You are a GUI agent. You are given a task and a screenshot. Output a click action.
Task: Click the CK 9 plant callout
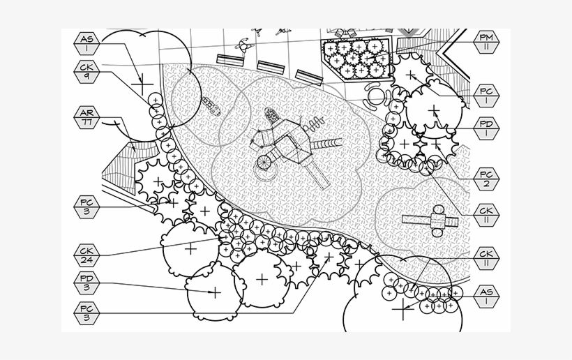click(x=87, y=72)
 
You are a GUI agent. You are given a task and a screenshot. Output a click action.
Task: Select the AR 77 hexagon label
click(x=87, y=117)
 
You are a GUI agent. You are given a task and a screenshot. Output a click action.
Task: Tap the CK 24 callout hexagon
click(x=87, y=255)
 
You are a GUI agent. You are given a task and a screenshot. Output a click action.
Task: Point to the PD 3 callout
click(x=87, y=283)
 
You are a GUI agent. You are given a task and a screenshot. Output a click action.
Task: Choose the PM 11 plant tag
click(x=486, y=42)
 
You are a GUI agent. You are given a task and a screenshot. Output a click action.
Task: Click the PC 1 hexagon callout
click(x=486, y=96)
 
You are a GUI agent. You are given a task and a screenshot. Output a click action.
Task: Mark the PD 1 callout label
click(x=486, y=128)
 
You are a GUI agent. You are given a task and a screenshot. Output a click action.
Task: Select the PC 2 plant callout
click(x=486, y=179)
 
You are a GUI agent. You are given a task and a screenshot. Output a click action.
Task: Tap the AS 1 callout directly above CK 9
click(x=87, y=44)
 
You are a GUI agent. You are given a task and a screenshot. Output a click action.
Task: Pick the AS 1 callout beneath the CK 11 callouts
click(x=486, y=297)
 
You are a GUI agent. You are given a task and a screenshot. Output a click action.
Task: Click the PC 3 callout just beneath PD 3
click(x=87, y=313)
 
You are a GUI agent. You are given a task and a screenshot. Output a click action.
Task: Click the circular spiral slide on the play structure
click(x=265, y=163)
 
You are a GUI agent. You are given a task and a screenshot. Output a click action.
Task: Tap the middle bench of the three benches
click(x=271, y=68)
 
